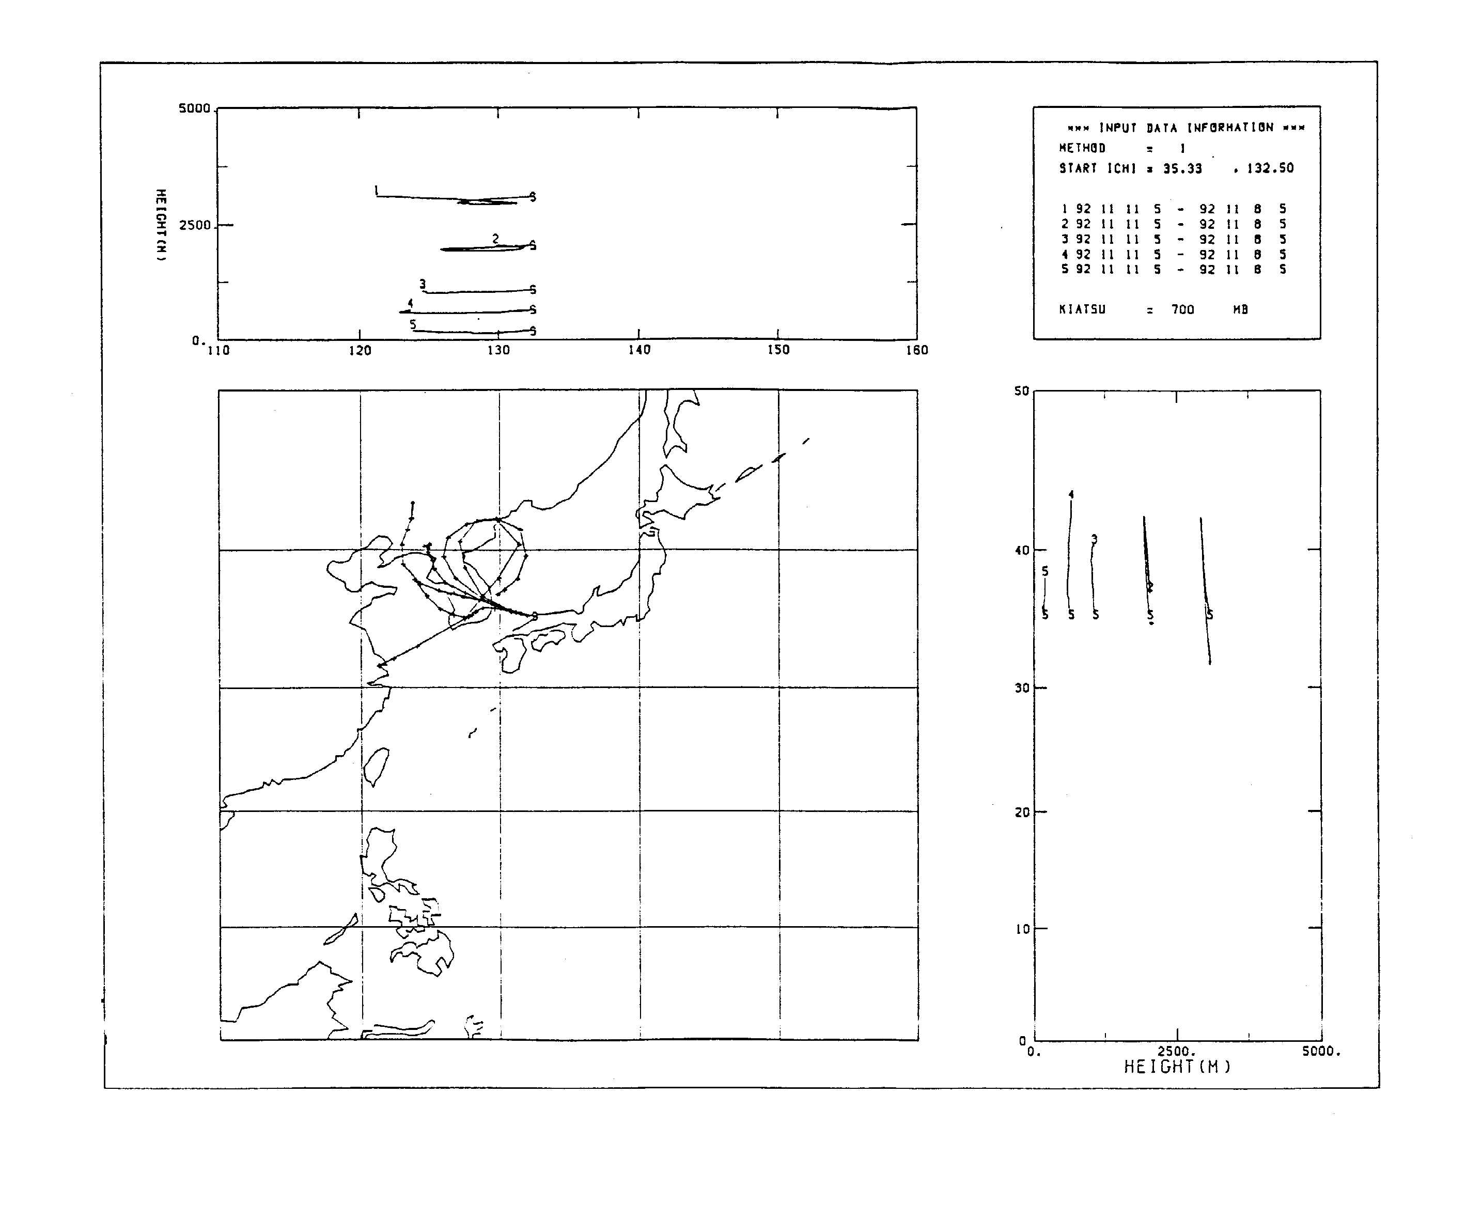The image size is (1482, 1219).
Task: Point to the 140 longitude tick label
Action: (639, 350)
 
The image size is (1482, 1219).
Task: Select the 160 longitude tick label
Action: (916, 350)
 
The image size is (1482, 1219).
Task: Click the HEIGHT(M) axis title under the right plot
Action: (1177, 1067)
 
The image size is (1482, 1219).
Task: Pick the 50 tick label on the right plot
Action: (1021, 391)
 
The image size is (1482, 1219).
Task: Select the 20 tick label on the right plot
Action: (1021, 812)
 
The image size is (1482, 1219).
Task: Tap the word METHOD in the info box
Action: (1082, 148)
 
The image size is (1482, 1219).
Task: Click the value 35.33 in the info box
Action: (1182, 168)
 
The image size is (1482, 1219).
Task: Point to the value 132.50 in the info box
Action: (1270, 168)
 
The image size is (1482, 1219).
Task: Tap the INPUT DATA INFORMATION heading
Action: (1185, 128)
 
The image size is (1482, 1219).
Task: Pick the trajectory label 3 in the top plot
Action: (422, 284)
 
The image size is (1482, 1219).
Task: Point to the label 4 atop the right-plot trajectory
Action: (1071, 494)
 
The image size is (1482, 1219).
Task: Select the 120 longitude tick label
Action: (360, 350)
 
